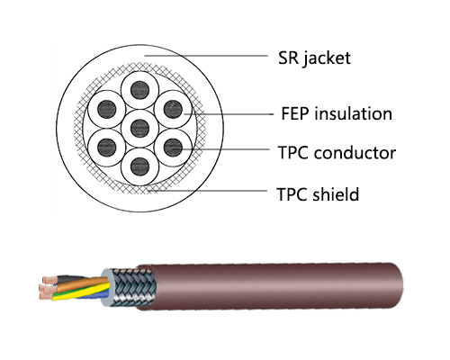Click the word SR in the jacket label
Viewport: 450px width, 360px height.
288,58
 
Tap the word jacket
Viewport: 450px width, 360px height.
327,58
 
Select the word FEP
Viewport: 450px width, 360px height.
295,113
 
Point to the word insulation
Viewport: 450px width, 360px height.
353,113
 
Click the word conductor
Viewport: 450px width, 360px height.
355,152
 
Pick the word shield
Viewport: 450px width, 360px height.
336,193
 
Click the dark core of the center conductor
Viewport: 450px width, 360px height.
140,128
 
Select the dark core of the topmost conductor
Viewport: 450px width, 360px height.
140,90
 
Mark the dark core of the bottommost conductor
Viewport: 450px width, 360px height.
140,166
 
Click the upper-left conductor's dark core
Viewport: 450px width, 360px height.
107,109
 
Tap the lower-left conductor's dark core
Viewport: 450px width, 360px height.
107,148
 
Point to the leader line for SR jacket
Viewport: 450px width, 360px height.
206,56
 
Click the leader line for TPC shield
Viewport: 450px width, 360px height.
208,191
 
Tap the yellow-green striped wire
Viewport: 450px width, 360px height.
81,292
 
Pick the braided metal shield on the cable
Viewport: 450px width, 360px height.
134,288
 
